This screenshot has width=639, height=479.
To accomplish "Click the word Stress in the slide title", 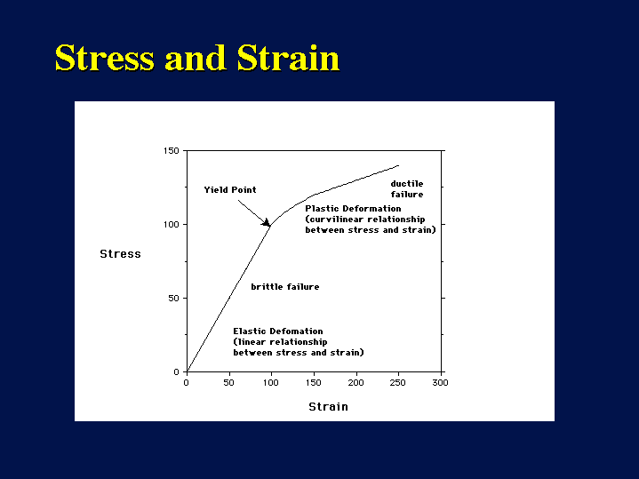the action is pos(105,58).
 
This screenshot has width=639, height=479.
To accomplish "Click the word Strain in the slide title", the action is pos(289,58).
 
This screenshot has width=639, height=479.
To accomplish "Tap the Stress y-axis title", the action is pos(120,254).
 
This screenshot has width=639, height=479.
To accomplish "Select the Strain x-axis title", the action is pos(328,406).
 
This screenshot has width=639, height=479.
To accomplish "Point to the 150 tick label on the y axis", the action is pos(172,151).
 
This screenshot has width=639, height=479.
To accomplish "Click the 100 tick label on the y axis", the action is pos(172,225).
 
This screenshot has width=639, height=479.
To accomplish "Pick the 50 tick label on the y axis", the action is pos(173,298).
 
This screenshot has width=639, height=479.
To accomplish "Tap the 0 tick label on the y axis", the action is pos(177,371).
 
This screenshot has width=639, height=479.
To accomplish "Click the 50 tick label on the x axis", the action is pos(228,382).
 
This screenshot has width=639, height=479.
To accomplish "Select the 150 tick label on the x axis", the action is pos(314,382).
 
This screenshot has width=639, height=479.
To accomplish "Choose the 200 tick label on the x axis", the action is pos(355,382).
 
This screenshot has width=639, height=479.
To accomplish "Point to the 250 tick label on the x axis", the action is pos(398,382).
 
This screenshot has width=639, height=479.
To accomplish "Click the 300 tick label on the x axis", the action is pos(440,382).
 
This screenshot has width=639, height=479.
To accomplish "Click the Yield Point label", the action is pos(230,189).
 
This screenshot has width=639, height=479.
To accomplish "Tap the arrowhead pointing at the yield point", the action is pos(267,222).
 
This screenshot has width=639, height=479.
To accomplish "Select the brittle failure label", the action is pos(285,286).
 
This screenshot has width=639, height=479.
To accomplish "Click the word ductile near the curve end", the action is pos(407,183).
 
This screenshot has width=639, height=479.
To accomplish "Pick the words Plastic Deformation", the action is pos(353,208).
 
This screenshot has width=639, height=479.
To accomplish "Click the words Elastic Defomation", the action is pos(278,331).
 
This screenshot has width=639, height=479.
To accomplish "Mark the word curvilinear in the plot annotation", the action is pos(335,219).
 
